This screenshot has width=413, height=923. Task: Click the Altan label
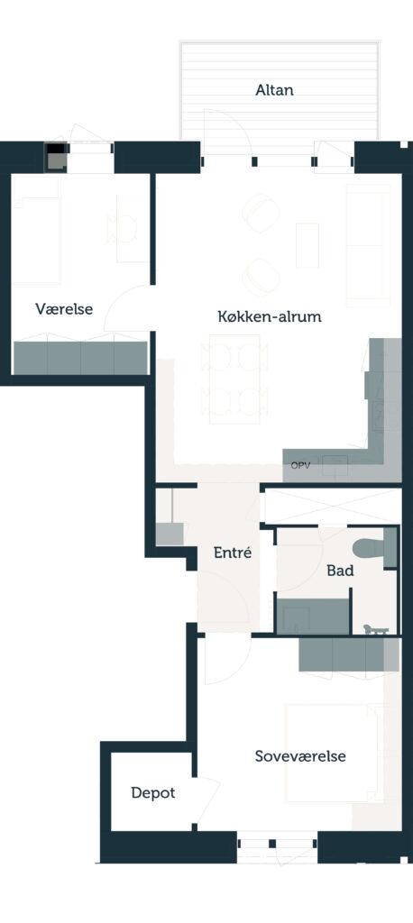point(274,90)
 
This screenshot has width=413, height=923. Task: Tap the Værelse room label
point(64,309)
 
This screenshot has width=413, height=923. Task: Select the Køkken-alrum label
point(270,316)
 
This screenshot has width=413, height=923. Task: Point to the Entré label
point(233,553)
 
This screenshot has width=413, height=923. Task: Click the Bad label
point(340,571)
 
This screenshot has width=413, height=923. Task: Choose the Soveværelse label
point(300,756)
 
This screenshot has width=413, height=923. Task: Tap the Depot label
point(153,793)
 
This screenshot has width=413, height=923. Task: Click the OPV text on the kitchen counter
point(299,466)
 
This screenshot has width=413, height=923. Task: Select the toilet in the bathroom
point(375,548)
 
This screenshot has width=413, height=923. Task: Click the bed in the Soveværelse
point(334,753)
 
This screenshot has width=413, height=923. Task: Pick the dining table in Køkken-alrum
point(234,379)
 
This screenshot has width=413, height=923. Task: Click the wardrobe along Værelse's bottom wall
point(80,357)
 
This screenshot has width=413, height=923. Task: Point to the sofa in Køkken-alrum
point(368,245)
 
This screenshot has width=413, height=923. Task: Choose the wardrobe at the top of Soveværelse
point(349,654)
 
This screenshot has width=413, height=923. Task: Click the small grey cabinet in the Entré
point(170,534)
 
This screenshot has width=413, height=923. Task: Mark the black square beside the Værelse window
point(55,149)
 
